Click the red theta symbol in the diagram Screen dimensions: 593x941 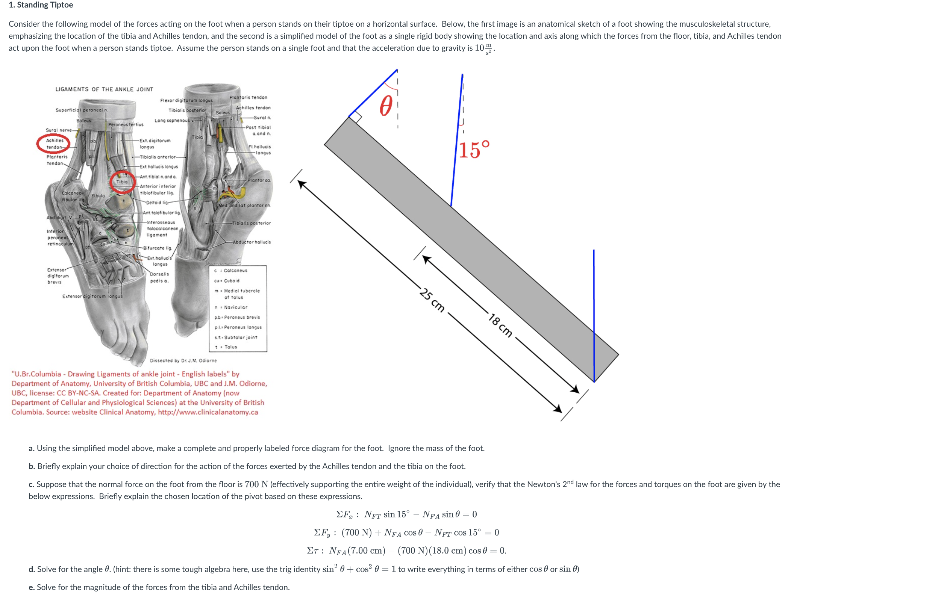386,106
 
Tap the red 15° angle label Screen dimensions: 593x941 474,150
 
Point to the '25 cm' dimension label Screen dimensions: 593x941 432,300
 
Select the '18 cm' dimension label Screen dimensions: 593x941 500,325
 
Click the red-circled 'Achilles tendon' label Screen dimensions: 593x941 54,144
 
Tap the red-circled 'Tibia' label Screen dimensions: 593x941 122,182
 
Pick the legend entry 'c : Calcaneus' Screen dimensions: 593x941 230,270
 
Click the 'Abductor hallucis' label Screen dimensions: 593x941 252,242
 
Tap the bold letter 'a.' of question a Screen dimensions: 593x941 32,448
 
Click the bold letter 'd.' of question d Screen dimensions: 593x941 32,569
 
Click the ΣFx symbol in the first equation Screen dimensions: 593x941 344,514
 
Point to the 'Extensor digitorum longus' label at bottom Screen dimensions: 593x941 92,296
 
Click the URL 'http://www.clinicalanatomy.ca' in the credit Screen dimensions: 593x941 208,412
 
